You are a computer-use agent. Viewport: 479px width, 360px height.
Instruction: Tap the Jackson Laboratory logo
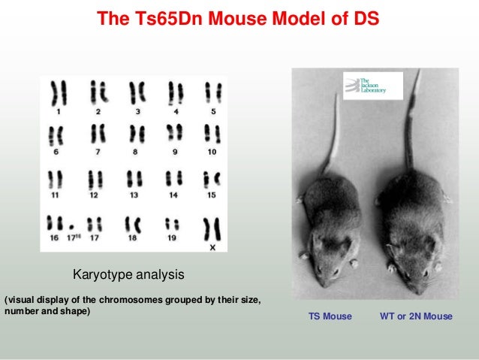tap(373, 85)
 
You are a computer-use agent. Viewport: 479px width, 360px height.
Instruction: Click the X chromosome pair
tap(212, 227)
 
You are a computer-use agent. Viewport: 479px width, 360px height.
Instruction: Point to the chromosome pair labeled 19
tap(172, 224)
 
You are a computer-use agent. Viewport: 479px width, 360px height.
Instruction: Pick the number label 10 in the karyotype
tap(212, 152)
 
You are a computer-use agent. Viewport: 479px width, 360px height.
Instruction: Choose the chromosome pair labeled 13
tap(135, 180)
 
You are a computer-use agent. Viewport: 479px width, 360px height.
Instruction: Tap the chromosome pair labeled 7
tap(98, 136)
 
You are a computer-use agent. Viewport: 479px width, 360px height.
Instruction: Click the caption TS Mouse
tap(330, 316)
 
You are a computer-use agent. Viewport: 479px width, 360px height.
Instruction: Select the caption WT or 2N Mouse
tap(416, 316)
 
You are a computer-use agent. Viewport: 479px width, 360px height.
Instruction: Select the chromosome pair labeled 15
tap(212, 180)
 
